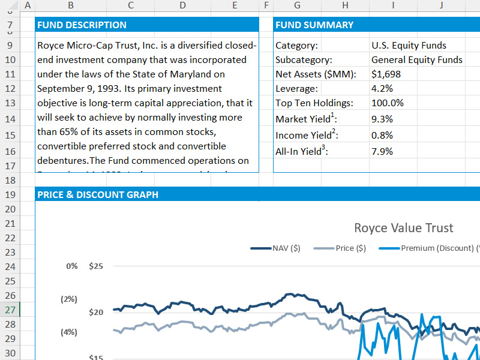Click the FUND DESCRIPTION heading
coord(82,25)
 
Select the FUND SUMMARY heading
coord(314,25)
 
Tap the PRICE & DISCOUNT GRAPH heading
coord(98,194)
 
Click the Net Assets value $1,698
coord(386,74)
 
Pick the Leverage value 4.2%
coord(382,89)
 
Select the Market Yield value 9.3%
coord(382,119)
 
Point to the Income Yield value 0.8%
coord(382,135)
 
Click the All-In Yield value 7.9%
coord(382,151)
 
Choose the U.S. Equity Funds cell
coord(409,45)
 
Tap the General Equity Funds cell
coord(416,59)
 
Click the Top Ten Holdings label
coord(314,103)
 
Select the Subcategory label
coord(304,59)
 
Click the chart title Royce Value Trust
coord(403,228)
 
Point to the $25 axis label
coord(96,266)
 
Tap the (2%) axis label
coord(69,299)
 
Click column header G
coord(297,5)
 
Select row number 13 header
coord(10,103)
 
